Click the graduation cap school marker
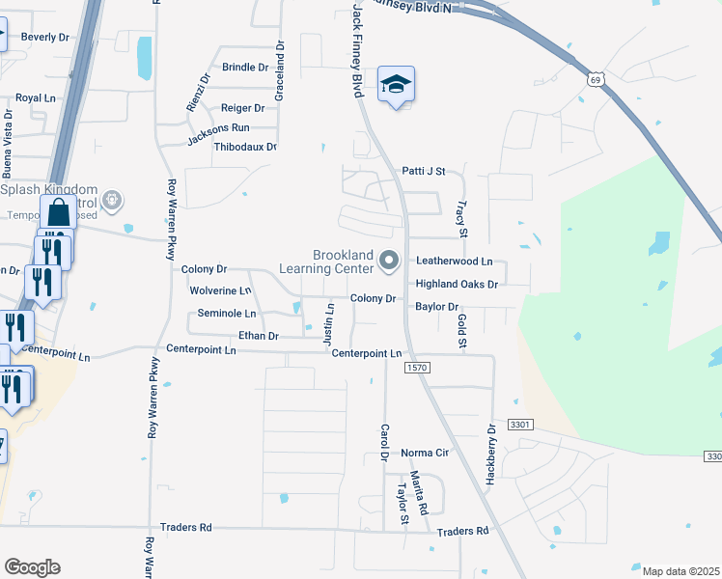pyautogui.click(x=396, y=85)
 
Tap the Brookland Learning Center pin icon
pyautogui.click(x=389, y=260)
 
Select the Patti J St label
pyautogui.click(x=423, y=172)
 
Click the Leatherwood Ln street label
pyautogui.click(x=454, y=262)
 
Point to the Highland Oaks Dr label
pyautogui.click(x=456, y=285)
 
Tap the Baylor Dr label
pyautogui.click(x=436, y=307)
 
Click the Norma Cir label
pyautogui.click(x=425, y=453)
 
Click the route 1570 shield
pyautogui.click(x=417, y=367)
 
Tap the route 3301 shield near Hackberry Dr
pyautogui.click(x=521, y=425)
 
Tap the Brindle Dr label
pyautogui.click(x=245, y=68)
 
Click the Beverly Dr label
pyautogui.click(x=45, y=37)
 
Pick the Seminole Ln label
pyautogui.click(x=226, y=314)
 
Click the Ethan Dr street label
pyautogui.click(x=259, y=336)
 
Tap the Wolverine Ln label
pyautogui.click(x=220, y=289)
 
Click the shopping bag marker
pyautogui.click(x=58, y=213)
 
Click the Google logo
pyautogui.click(x=32, y=567)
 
